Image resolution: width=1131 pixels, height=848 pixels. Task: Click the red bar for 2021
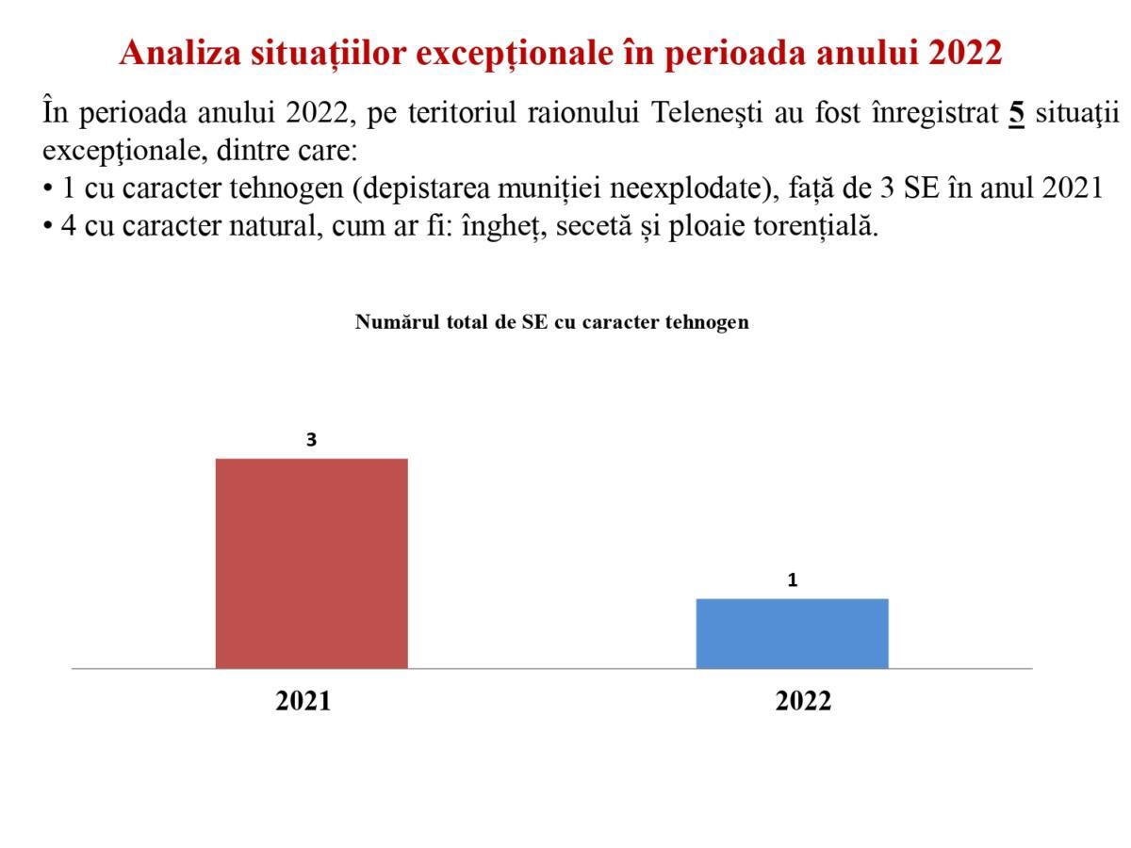(311, 563)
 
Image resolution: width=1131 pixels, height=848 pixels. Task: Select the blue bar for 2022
(792, 633)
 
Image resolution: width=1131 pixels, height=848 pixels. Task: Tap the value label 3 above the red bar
(311, 439)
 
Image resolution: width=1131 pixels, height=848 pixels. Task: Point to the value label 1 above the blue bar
(793, 579)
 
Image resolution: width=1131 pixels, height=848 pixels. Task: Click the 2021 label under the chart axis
(303, 700)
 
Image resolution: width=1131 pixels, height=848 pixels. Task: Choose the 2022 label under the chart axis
(803, 700)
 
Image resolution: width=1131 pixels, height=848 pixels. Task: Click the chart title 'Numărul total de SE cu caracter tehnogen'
(552, 322)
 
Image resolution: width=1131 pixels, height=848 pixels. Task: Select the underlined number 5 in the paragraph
(1016, 113)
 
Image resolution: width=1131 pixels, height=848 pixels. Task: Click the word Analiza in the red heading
(180, 52)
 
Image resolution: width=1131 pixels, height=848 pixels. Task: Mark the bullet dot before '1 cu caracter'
(48, 188)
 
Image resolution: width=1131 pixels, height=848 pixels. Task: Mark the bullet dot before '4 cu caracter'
(48, 226)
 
